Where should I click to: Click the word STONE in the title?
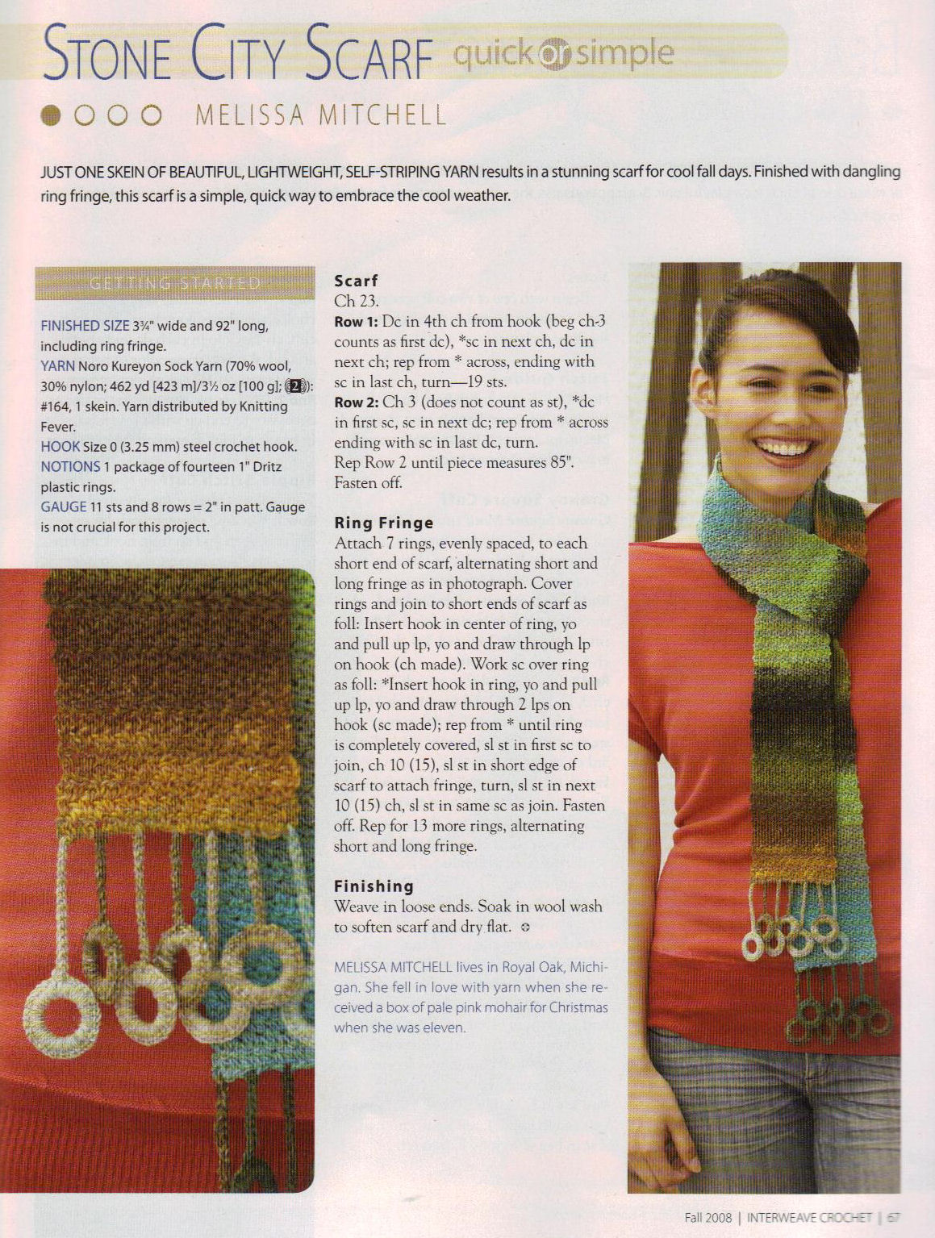coord(106,54)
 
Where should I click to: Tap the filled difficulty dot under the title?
coord(52,115)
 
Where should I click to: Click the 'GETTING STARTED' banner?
coord(175,283)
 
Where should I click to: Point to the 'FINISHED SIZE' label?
coord(85,326)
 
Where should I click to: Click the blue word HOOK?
coord(61,446)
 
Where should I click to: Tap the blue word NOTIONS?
coord(70,466)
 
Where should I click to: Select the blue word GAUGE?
coord(63,506)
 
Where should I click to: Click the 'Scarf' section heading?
coord(356,281)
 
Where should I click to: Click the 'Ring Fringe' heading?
coord(384,523)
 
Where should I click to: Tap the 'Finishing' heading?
coord(374,886)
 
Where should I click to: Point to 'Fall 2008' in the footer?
coord(708,1218)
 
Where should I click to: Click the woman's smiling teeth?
coord(784,447)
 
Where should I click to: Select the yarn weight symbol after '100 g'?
coord(295,386)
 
